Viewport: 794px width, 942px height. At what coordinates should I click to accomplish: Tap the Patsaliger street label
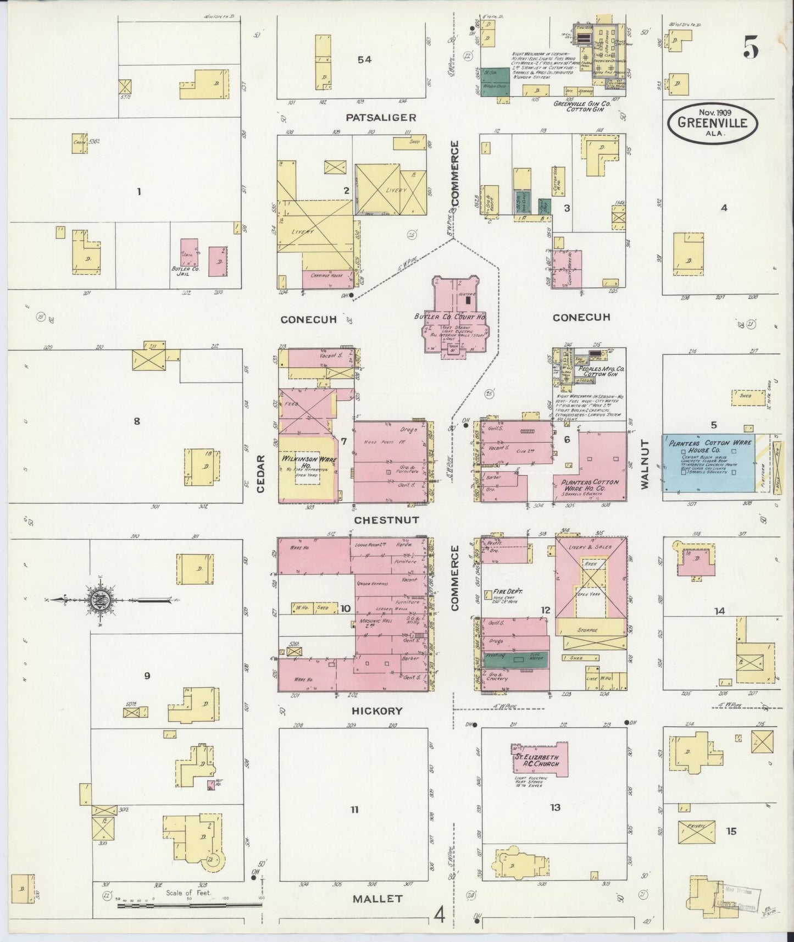point(381,117)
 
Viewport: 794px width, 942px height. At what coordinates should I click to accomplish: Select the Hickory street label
point(377,711)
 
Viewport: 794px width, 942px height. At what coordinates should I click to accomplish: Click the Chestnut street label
point(386,519)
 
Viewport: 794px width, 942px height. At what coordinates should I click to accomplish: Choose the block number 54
point(364,59)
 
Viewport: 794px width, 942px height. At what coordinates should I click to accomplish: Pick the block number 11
point(354,810)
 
